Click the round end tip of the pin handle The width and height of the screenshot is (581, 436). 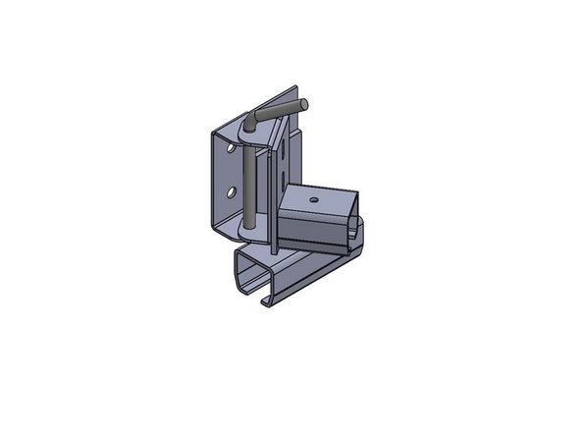(x=306, y=101)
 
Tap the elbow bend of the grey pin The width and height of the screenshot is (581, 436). (x=252, y=119)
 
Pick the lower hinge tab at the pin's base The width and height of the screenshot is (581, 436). (x=253, y=232)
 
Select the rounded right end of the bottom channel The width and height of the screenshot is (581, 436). (x=358, y=236)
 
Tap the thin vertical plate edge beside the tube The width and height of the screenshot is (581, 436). (x=270, y=211)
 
